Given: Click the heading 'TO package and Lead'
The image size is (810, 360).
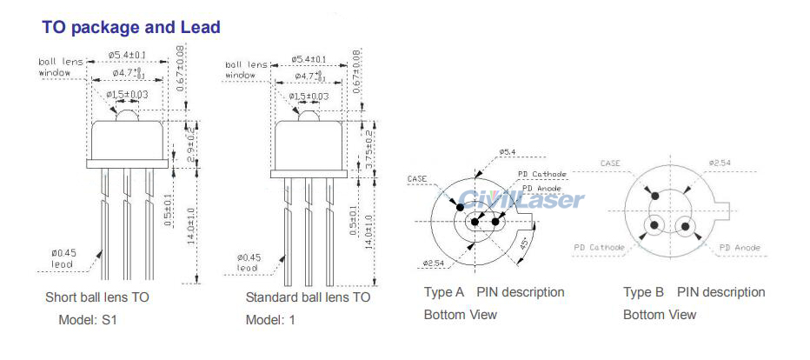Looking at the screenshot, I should pos(131,28).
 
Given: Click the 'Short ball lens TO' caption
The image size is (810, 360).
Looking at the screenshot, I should pos(97,297).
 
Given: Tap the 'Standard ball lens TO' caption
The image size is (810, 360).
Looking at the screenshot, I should pos(308,297).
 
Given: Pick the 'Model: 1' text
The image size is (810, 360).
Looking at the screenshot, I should pos(270,319).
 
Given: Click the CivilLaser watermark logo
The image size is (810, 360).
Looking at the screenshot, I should pos(521,199).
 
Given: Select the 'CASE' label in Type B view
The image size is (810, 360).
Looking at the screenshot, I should pos(611,163).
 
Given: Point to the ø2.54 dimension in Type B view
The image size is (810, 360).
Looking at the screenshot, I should pos(720,163).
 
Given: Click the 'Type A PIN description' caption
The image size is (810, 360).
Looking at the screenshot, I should pos(494,292).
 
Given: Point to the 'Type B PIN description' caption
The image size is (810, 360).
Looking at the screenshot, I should pos(694,292).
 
